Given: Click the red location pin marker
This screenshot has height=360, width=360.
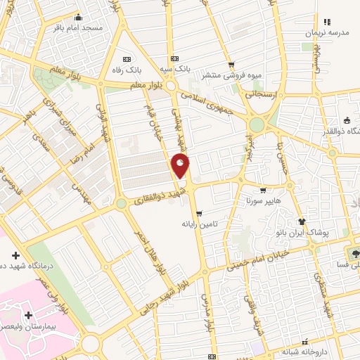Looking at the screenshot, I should click(x=181, y=166).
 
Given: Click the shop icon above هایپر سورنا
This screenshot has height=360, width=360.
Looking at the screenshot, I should click(x=263, y=189).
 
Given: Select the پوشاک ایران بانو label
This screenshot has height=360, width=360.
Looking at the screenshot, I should click(x=303, y=231).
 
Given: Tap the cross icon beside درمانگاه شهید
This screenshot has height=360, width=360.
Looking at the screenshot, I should click(x=15, y=254).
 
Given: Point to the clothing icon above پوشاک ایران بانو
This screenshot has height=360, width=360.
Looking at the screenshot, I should click(x=303, y=220).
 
